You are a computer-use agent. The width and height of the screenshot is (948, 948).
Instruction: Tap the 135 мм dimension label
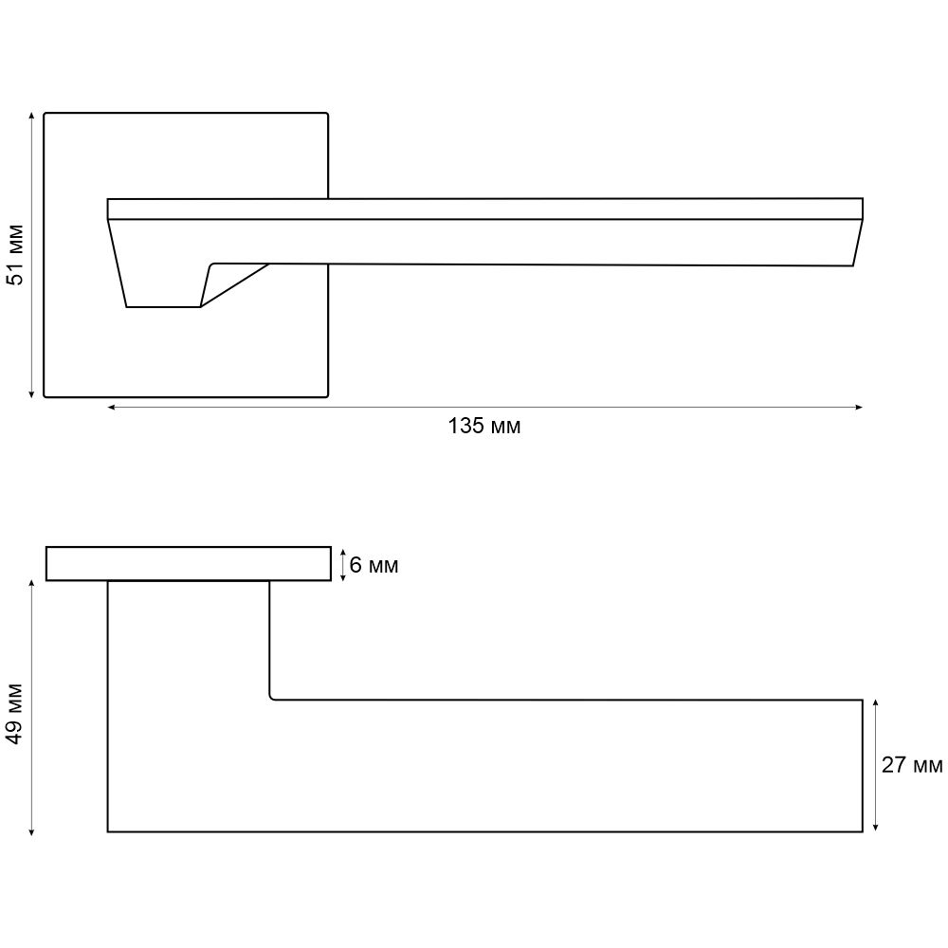click(484, 427)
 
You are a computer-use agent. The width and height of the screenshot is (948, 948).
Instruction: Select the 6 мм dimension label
click(374, 566)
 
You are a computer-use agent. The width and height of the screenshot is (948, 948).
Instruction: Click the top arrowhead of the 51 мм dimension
click(32, 116)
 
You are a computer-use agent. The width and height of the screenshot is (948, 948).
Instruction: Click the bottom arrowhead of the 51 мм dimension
click(32, 393)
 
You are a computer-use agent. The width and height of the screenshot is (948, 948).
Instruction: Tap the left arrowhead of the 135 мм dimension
click(111, 408)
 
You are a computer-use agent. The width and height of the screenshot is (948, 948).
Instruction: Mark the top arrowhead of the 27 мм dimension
click(875, 703)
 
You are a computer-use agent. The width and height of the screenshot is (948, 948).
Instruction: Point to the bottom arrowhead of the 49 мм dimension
click(32, 831)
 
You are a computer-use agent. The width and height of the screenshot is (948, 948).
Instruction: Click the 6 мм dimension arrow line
click(342, 564)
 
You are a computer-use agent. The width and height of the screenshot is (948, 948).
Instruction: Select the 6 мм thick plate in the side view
click(188, 563)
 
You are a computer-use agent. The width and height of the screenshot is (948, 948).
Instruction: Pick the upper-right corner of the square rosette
click(326, 115)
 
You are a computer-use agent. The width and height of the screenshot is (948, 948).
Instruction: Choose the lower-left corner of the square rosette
click(46, 394)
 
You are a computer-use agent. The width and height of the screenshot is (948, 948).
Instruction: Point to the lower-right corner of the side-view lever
click(862, 831)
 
